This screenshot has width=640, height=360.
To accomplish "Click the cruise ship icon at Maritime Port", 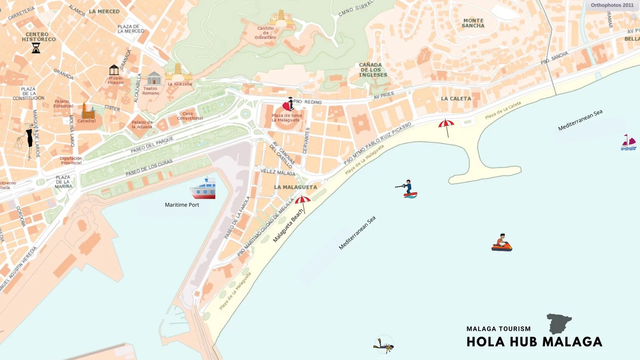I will point(203,189).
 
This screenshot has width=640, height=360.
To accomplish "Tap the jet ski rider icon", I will point(502,243).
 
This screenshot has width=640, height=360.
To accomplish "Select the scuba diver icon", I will point(384,345).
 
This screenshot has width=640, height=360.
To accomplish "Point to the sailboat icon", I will point(628,143).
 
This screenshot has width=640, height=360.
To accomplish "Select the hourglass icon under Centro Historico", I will point(36,48).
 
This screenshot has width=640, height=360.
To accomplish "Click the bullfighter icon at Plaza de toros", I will point(288,104).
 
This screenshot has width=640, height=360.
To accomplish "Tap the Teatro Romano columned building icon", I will point(154,78).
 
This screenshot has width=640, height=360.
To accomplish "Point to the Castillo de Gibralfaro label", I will point(266,33).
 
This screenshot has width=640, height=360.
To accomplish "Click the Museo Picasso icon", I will point(114,70).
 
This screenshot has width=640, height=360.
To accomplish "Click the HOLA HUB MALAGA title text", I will point(534,342).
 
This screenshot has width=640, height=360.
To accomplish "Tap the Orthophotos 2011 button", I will point(612,5).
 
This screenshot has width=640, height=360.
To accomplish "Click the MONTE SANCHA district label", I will point(473,23).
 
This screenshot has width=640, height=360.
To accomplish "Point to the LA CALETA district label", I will point(456,98).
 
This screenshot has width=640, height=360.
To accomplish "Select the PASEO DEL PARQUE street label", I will point(152,145).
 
